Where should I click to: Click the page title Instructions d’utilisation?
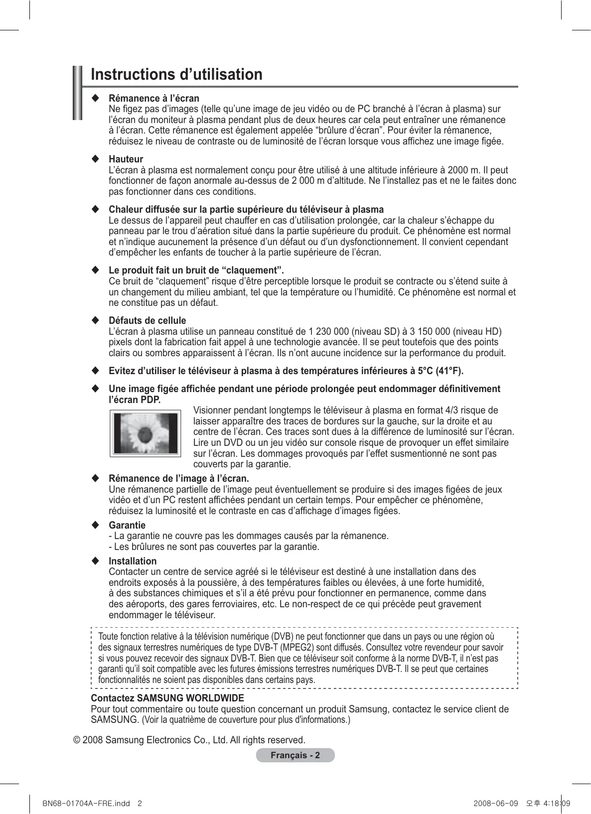(176, 75)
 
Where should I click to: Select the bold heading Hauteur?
(126, 159)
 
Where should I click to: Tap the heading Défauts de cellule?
(147, 321)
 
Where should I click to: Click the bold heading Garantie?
(127, 526)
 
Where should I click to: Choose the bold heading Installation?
(133, 561)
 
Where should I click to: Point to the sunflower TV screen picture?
(145, 433)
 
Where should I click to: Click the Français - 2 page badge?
(295, 755)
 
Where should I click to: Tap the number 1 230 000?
(329, 332)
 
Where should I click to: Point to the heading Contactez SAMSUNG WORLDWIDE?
(167, 698)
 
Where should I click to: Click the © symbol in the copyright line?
(77, 740)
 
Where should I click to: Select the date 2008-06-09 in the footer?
(496, 804)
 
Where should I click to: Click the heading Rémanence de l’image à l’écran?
(179, 479)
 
